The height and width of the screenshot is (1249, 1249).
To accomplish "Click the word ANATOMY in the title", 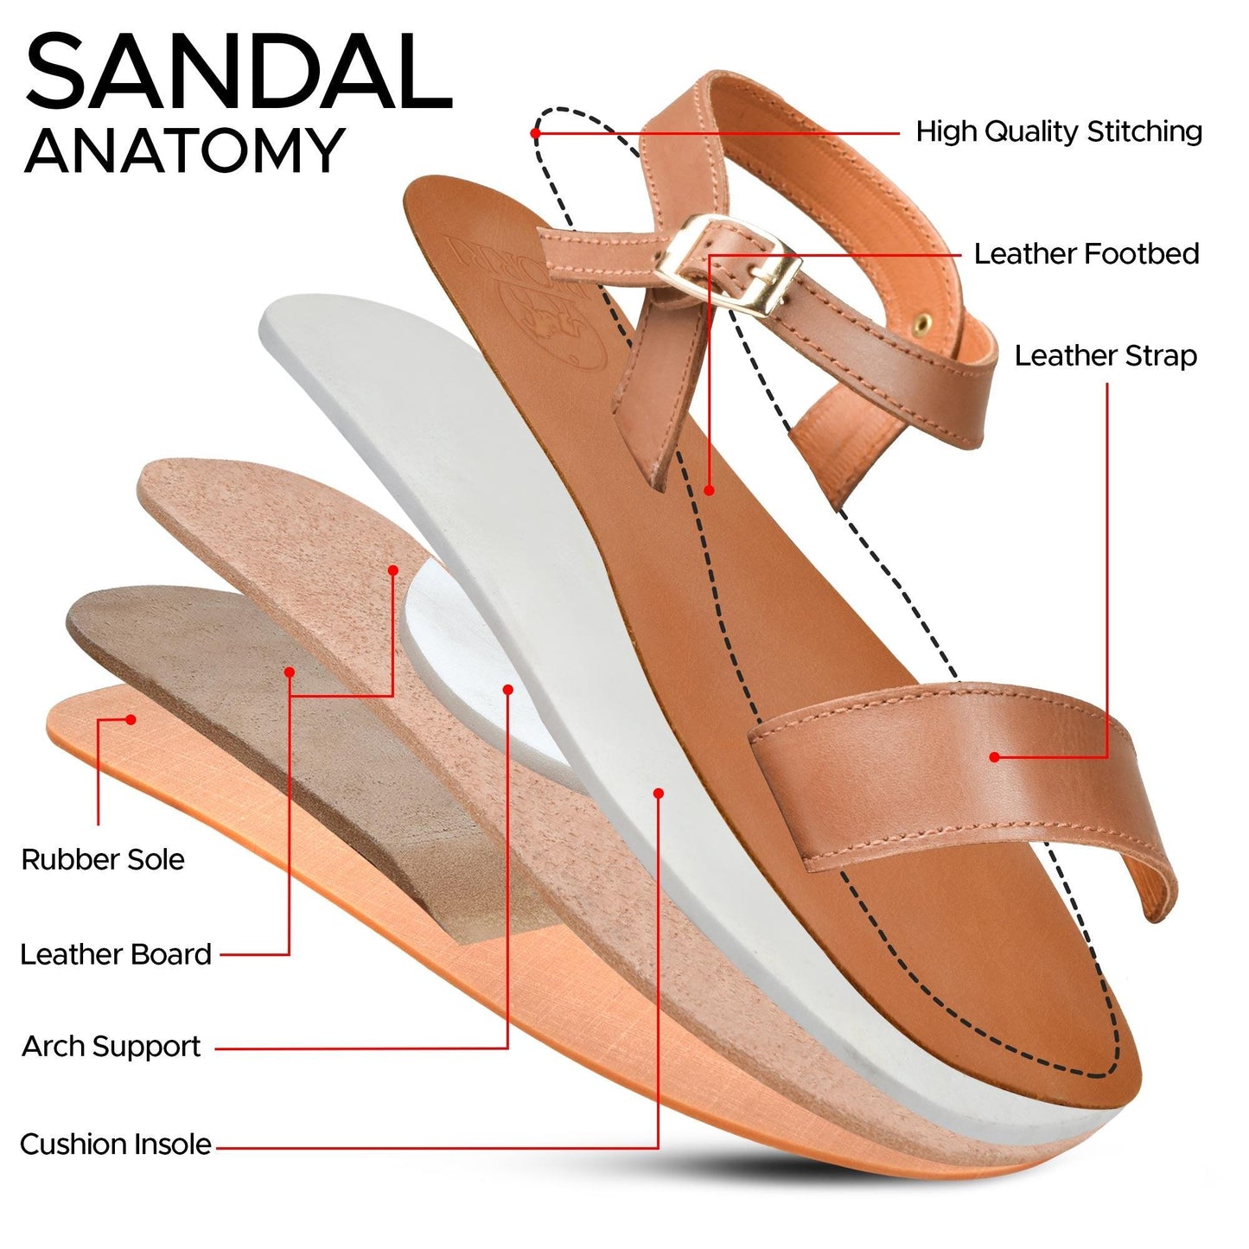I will pyautogui.click(x=185, y=151).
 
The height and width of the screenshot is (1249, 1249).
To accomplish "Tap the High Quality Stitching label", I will pyautogui.click(x=1059, y=132).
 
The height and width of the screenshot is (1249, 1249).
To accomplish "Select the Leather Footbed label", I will pyautogui.click(x=1087, y=254).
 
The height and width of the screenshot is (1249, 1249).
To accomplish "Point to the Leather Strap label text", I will pyautogui.click(x=1106, y=356).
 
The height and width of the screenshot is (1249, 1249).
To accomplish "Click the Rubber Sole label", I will pyautogui.click(x=103, y=860).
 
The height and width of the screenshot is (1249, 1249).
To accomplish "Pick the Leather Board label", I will pyautogui.click(x=116, y=954).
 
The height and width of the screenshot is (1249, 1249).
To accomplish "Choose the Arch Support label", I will pyautogui.click(x=112, y=1047).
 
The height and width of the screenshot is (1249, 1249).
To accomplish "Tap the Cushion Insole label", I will pyautogui.click(x=116, y=1144).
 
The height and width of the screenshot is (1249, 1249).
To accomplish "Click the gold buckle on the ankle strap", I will pyautogui.click(x=727, y=263).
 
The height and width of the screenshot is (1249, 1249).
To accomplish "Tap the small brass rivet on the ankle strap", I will pyautogui.click(x=923, y=322).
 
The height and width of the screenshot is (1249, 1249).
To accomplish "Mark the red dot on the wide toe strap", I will pyautogui.click(x=994, y=757).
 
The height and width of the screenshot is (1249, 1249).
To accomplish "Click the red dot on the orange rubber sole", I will pyautogui.click(x=131, y=719).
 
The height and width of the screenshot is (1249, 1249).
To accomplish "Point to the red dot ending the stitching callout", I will pyautogui.click(x=536, y=133).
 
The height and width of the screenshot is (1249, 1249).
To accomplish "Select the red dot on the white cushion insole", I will pyautogui.click(x=659, y=793).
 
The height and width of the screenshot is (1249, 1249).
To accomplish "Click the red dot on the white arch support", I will pyautogui.click(x=508, y=690).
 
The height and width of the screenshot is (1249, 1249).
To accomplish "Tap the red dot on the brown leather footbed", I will pyautogui.click(x=709, y=490).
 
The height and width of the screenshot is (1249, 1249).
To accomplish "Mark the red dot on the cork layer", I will pyautogui.click(x=393, y=570).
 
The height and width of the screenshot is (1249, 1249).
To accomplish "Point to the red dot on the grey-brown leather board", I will pyautogui.click(x=290, y=672).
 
